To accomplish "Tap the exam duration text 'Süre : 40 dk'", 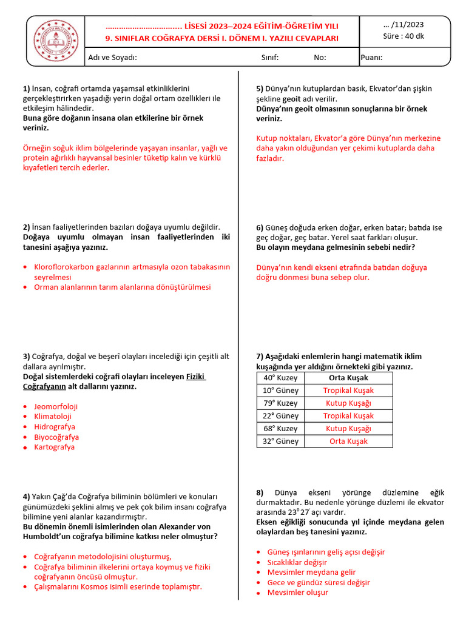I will coord(404,36).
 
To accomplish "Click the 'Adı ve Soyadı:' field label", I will coord(112,58).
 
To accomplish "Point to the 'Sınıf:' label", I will coord(269,58).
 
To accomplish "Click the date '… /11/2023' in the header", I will coord(404,25).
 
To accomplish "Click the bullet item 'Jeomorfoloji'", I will coord(56,406).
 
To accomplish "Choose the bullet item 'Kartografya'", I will coord(54,447).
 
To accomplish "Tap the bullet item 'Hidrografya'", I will coord(55,427).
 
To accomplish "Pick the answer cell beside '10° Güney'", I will coord(348,391).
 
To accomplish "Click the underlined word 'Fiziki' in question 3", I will coord(195,377).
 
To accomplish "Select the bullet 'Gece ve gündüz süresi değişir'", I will coord(319,582).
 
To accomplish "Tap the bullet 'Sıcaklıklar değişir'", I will coord(297,562).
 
